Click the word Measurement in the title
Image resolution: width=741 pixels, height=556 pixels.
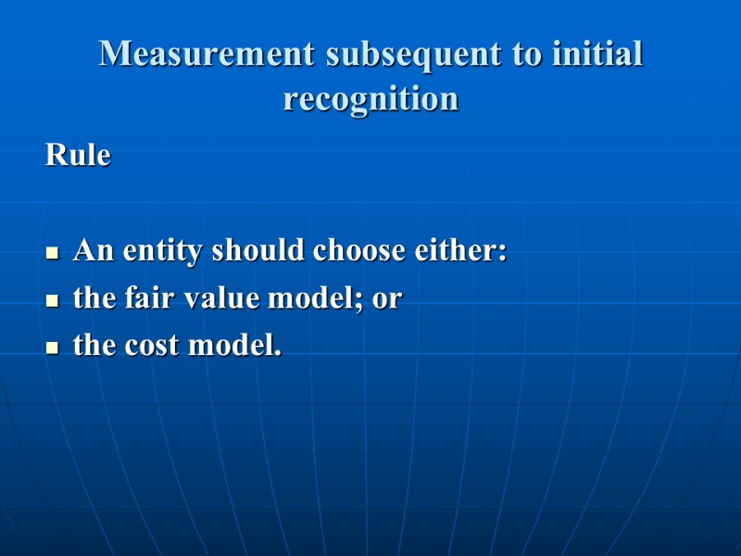207,54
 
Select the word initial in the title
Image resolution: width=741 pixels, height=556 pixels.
597,54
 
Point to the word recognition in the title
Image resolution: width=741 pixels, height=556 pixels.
370,98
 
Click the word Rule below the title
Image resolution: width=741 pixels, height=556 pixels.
78,155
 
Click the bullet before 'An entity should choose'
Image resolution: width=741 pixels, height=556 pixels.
53,252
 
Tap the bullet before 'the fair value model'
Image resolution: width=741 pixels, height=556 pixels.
53,300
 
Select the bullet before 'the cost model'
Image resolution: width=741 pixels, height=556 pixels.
53,347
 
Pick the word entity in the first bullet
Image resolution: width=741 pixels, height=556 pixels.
163,251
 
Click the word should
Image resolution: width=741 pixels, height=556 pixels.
259,250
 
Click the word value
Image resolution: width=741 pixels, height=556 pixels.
206,298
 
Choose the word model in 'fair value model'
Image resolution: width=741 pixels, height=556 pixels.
295,298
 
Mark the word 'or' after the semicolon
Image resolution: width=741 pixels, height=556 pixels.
386,300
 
